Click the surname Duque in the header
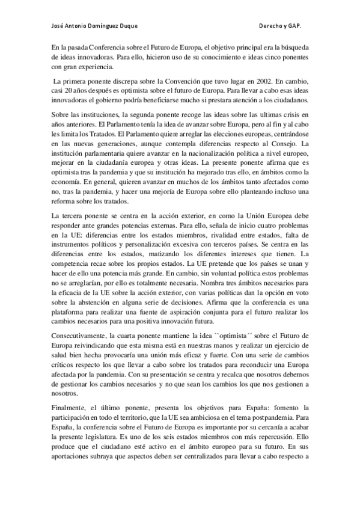126,27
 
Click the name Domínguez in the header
97,27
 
